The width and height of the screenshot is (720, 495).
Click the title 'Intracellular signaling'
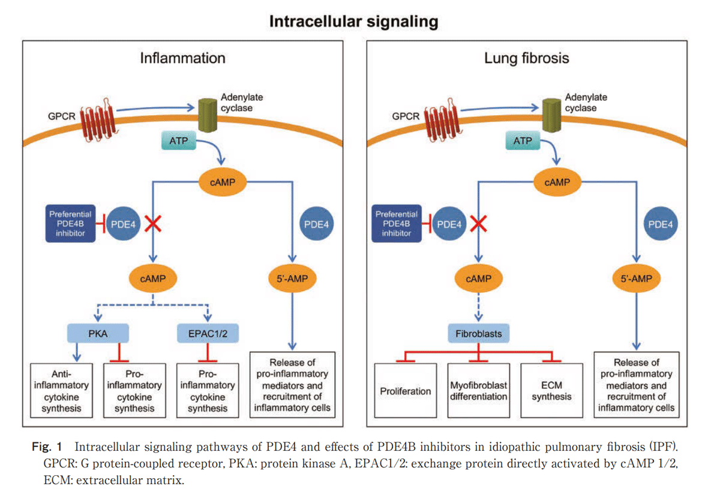(x=353, y=22)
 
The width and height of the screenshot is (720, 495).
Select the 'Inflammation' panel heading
(x=182, y=58)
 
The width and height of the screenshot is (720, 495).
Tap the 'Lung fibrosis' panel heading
(x=526, y=58)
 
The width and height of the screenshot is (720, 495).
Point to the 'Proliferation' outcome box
(x=406, y=391)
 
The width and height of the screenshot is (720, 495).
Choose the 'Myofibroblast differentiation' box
(x=478, y=391)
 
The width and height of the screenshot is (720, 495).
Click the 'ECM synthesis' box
(x=551, y=391)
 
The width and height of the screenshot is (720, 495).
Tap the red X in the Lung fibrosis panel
(x=478, y=225)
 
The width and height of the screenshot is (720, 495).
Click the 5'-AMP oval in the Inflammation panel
(x=292, y=279)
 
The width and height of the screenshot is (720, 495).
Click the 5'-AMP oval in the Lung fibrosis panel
(x=636, y=279)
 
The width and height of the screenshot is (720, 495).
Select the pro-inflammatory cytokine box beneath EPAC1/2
(x=208, y=391)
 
